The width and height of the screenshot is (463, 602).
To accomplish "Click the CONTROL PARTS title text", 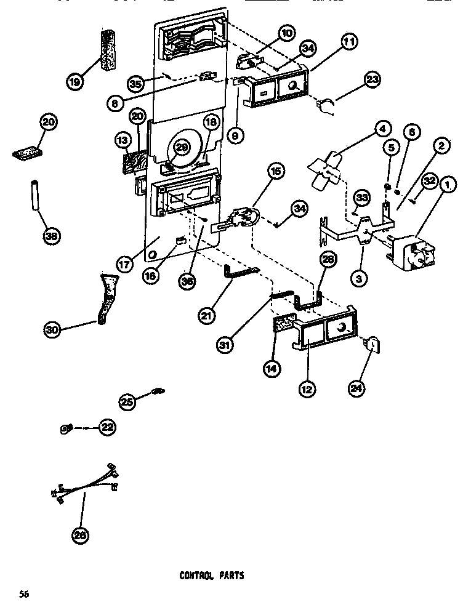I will click(211, 576).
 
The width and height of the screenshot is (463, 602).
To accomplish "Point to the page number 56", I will click(24, 593).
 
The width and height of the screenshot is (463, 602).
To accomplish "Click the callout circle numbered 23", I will click(372, 79).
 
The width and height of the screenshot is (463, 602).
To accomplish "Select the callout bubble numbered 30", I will click(52, 330).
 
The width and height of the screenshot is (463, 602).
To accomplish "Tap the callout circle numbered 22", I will click(108, 427).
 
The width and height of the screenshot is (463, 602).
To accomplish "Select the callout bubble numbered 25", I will click(127, 401).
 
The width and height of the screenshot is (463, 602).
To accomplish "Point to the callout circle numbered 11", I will click(348, 42).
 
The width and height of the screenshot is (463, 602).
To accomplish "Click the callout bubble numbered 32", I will click(429, 180).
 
